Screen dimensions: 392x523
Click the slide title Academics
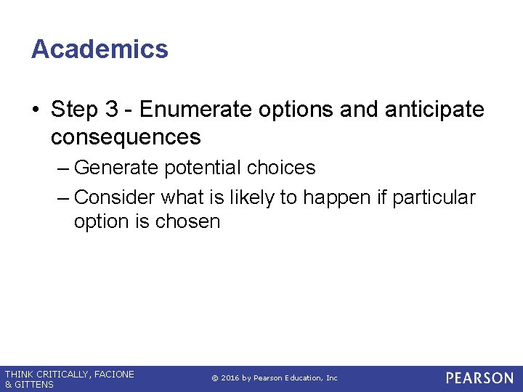100,49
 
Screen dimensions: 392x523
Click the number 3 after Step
112,110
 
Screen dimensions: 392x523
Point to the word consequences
126,136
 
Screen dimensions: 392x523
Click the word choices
281,168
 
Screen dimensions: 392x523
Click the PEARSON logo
479,378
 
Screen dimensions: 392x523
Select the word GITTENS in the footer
33,385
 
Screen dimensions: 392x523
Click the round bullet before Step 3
36,110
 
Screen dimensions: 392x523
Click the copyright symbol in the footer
214,378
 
